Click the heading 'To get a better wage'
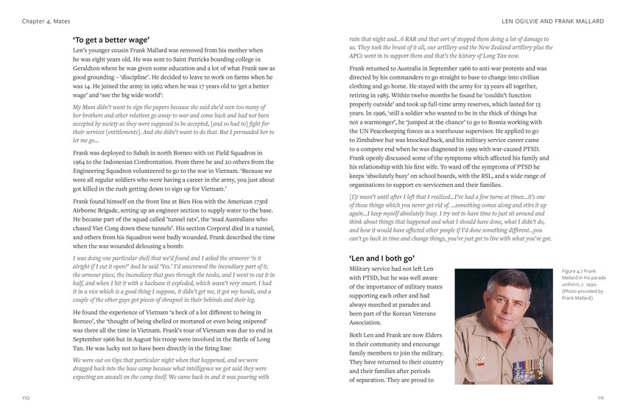pyautogui.click(x=111, y=39)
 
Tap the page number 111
pyautogui.click(x=600, y=397)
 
